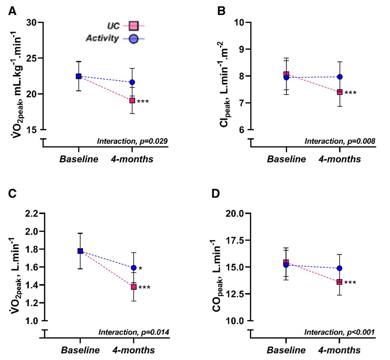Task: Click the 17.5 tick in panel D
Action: (241, 241)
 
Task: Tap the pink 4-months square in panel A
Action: (132, 100)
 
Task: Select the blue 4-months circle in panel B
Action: (340, 77)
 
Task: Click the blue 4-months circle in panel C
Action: (134, 268)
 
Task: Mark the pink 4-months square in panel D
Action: (340, 282)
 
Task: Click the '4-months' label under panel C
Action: (133, 349)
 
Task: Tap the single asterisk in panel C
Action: (140, 269)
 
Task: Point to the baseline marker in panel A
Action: (79, 76)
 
